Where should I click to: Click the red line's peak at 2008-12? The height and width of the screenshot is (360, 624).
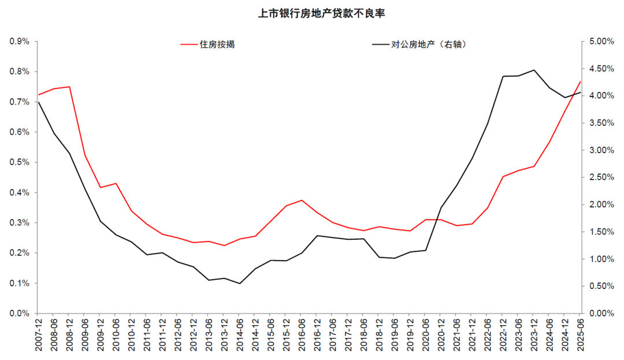point(69,87)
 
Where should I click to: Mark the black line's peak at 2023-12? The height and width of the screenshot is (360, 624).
point(534,70)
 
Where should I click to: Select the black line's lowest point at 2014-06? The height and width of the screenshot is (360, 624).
point(240,283)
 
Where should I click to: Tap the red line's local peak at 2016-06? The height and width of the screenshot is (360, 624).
point(302,201)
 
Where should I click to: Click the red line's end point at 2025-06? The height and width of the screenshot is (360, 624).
point(580,81)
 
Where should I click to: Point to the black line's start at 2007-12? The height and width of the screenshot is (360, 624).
point(39,102)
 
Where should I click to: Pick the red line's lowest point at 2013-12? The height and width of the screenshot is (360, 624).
point(224,246)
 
